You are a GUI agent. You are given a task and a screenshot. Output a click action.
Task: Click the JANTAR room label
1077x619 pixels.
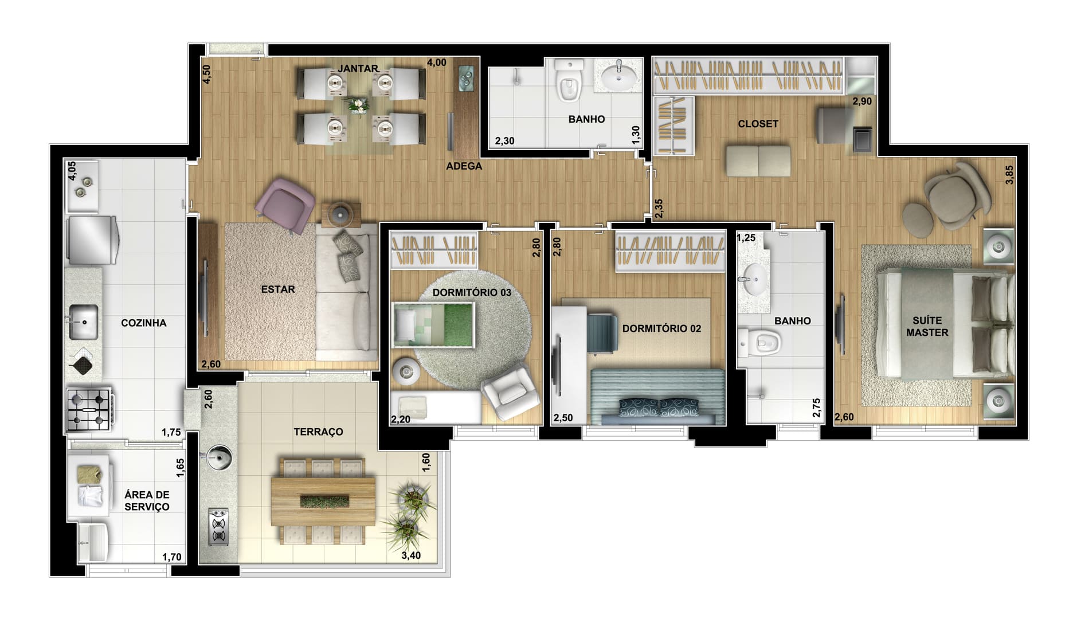[358, 69]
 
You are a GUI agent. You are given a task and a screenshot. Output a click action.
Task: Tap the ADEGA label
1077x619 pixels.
[464, 166]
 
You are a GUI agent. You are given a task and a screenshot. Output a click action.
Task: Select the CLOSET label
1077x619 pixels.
[758, 124]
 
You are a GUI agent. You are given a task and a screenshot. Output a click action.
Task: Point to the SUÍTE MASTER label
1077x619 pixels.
[927, 326]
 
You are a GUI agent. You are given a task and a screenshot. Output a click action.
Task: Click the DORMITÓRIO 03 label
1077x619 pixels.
[472, 292]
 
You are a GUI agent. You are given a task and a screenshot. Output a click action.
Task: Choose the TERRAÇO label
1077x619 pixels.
[318, 432]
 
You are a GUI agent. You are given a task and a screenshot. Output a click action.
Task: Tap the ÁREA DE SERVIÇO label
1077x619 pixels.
[147, 500]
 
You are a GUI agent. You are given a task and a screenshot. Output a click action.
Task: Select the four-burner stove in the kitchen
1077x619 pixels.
[89, 409]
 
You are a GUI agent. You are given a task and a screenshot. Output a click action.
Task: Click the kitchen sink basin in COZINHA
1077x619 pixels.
[84, 322]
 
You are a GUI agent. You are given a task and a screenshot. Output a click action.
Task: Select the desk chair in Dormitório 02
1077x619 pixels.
[602, 333]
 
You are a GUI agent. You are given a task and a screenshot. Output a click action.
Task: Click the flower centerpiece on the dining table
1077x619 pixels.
[358, 105]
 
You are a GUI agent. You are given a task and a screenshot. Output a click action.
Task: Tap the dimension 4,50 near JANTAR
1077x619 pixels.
[207, 74]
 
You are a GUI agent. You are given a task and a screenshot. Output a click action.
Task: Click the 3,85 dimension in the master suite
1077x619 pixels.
[1009, 174]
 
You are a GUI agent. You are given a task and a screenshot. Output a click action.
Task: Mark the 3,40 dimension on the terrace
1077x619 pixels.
[411, 555]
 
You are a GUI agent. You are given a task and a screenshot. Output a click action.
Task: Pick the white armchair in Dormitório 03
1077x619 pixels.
[510, 391]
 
